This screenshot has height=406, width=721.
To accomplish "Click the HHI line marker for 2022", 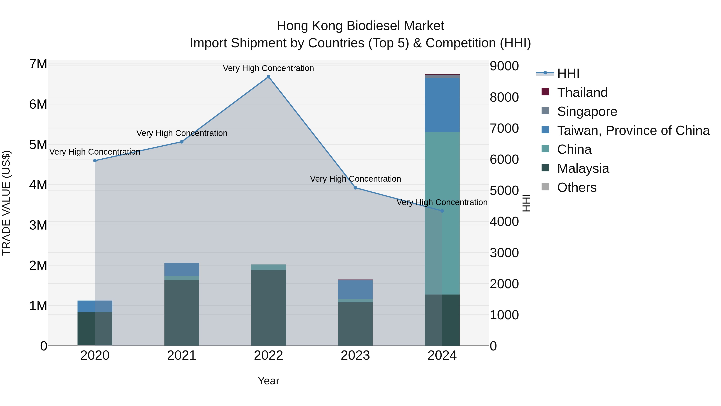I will coord(268,77).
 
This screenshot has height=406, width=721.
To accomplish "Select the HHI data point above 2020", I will coord(95,161).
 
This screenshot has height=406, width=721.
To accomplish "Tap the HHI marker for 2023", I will coord(355,188).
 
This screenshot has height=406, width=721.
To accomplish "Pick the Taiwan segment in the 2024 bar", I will coord(442,105).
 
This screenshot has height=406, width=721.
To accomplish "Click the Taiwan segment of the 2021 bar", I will coord(181,269).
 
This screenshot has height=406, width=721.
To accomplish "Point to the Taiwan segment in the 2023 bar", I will coord(355,290).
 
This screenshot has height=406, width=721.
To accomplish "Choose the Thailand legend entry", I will coord(582,92).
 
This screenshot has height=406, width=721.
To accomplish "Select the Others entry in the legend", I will coord(577,187).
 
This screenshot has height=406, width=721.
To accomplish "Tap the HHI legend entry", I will coord(568,73).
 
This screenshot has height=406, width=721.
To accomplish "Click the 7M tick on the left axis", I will coord(38,64).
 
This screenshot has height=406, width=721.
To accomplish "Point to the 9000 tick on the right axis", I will coord(504,66).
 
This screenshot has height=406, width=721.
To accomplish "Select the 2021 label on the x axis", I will coord(181,355).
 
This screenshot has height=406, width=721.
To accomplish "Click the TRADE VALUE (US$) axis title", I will coord(6,203).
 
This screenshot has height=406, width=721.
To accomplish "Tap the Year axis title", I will coord(268,381).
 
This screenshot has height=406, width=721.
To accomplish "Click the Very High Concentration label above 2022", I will coord(268,68).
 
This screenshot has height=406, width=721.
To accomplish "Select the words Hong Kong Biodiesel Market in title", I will coord(360,26).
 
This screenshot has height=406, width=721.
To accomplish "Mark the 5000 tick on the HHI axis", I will coord(504,190).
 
